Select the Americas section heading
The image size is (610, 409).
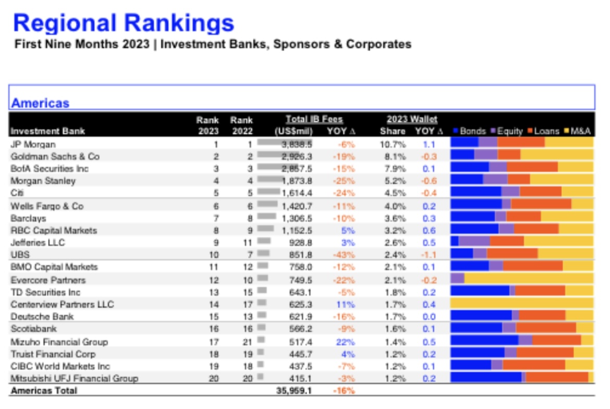(41, 103)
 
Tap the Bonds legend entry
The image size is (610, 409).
(470, 131)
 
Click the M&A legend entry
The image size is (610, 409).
(577, 131)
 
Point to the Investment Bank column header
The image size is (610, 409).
(48, 131)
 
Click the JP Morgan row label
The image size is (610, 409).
(33, 145)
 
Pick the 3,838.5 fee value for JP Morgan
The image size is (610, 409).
(297, 145)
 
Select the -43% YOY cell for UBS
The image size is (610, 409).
(344, 255)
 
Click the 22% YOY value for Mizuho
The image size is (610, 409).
(346, 342)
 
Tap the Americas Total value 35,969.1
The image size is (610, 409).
(294, 390)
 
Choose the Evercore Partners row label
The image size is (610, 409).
(48, 280)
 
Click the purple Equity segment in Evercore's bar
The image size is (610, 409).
(458, 278)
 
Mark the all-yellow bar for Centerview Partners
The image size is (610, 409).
(522, 303)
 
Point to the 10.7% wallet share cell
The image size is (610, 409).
(393, 145)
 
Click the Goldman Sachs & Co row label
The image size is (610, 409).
(55, 157)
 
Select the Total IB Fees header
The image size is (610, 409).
(314, 119)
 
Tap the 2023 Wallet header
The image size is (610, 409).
(412, 119)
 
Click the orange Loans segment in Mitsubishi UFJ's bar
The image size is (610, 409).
(557, 377)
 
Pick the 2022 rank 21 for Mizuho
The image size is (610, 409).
(248, 342)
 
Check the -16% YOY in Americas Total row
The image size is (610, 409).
(344, 390)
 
